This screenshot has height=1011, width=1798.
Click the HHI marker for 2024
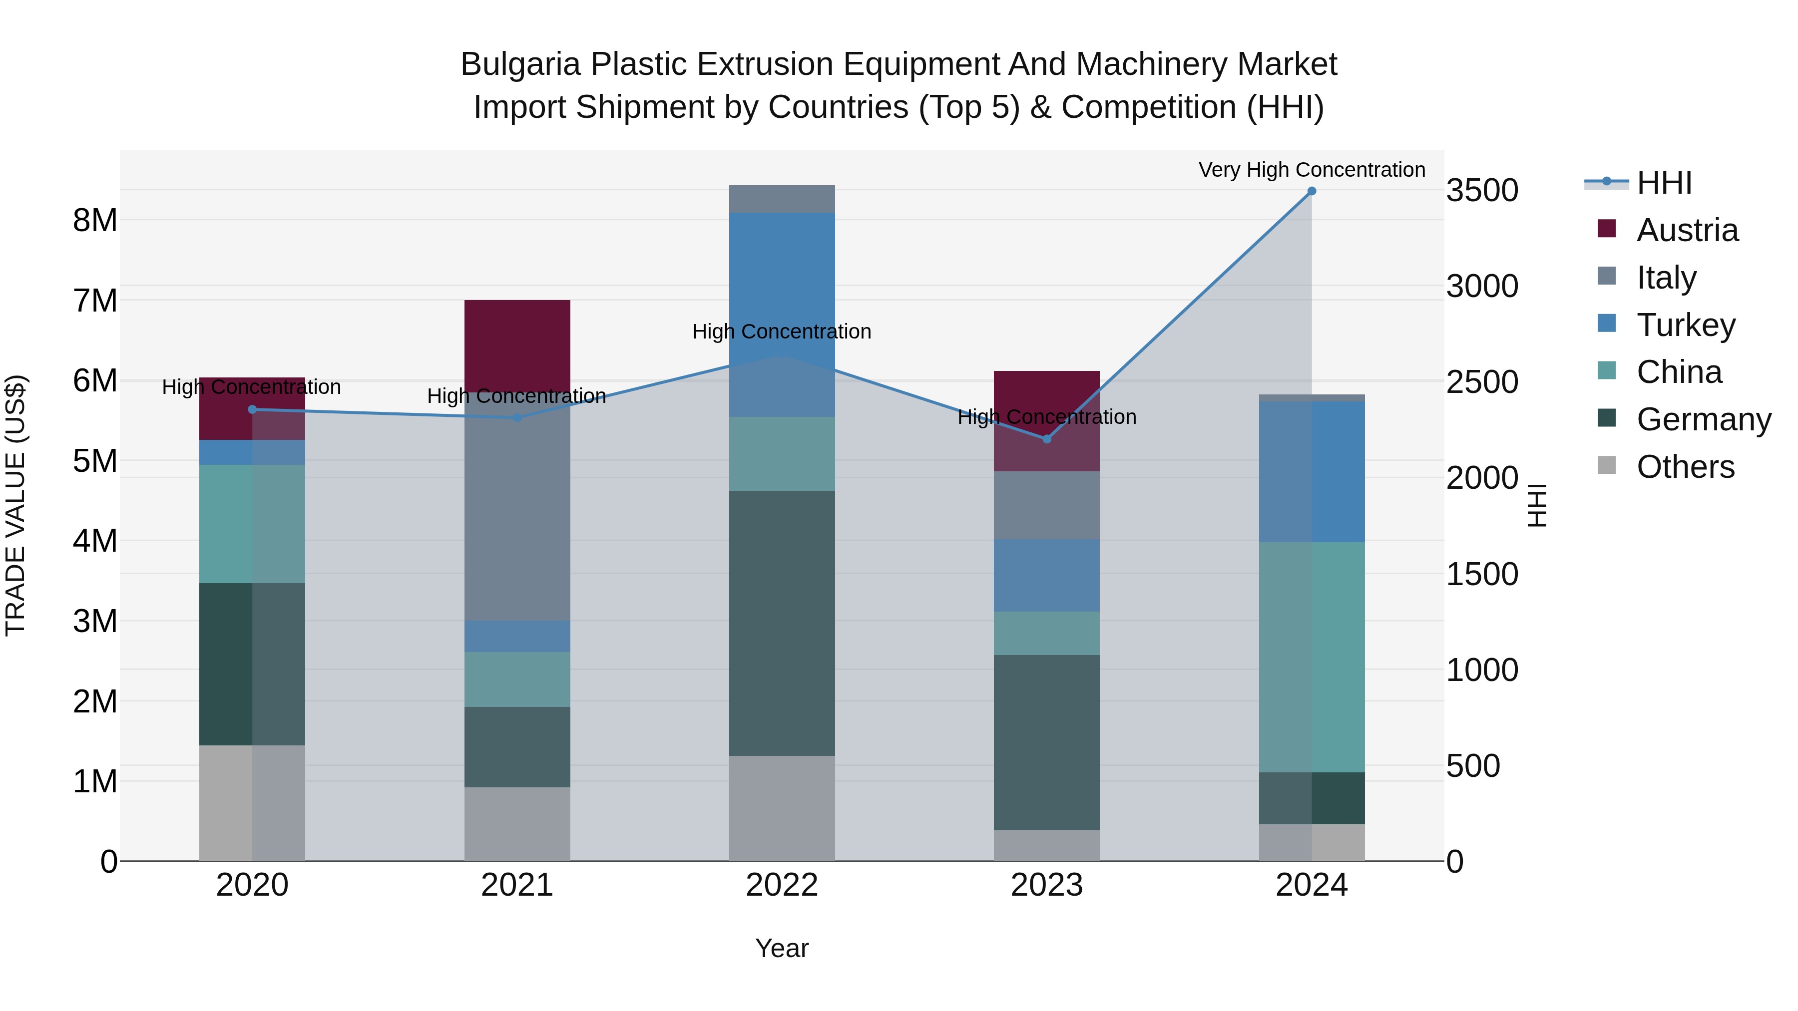click(x=1312, y=191)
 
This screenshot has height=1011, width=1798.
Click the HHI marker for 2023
click(x=1046, y=439)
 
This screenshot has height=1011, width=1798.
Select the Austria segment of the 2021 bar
click(x=517, y=345)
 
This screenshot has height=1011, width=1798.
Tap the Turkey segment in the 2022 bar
click(x=782, y=314)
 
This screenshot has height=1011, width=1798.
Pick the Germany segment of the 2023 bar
click(x=1046, y=742)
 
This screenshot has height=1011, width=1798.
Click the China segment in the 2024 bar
click(x=1312, y=657)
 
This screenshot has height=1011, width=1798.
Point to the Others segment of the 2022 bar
click(x=782, y=808)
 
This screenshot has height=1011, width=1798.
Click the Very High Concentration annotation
click(x=1312, y=170)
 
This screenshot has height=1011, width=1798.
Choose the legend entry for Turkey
click(x=1686, y=325)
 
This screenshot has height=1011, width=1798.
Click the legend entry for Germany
click(x=1703, y=419)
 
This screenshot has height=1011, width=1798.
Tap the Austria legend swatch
click(x=1607, y=229)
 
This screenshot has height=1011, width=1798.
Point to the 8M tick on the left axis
click(x=95, y=221)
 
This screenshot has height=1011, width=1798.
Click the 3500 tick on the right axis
click(x=1482, y=191)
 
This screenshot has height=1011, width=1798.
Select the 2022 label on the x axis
click(x=782, y=885)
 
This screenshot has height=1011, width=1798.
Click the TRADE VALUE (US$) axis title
click(x=16, y=505)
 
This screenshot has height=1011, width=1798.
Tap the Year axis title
click(x=782, y=948)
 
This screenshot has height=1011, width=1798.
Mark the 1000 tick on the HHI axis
click(x=1482, y=670)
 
